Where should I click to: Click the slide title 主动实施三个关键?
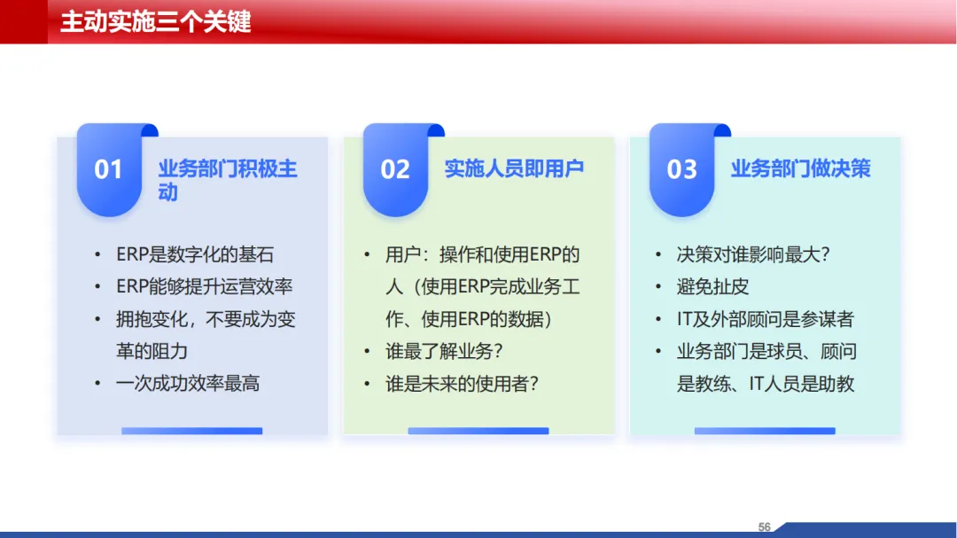pyautogui.click(x=156, y=22)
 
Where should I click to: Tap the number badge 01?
pyautogui.click(x=109, y=170)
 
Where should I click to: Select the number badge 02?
pyautogui.click(x=395, y=170)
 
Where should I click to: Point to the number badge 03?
pyautogui.click(x=681, y=170)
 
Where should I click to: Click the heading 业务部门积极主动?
pyautogui.click(x=228, y=180)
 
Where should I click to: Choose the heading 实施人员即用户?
pyautogui.click(x=514, y=168)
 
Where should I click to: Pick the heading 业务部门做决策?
pyautogui.click(x=801, y=168)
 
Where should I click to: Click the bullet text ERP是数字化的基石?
pyautogui.click(x=195, y=254)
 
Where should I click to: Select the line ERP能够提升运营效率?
pyautogui.click(x=205, y=286)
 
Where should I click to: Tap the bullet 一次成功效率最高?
pyautogui.click(x=188, y=384)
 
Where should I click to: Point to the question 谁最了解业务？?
pyautogui.click(x=444, y=351)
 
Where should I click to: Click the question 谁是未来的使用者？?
pyautogui.click(x=462, y=384)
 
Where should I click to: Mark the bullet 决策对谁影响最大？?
pyautogui.click(x=753, y=254)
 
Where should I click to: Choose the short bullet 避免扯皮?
pyautogui.click(x=712, y=286)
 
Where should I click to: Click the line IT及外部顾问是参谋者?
pyautogui.click(x=766, y=319)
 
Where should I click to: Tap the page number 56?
pyautogui.click(x=764, y=527)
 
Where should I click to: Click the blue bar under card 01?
pyautogui.click(x=191, y=431)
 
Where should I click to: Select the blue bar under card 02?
pyautogui.click(x=478, y=431)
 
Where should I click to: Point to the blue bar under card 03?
pyautogui.click(x=765, y=431)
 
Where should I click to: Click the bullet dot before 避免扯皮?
pyautogui.click(x=657, y=286)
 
